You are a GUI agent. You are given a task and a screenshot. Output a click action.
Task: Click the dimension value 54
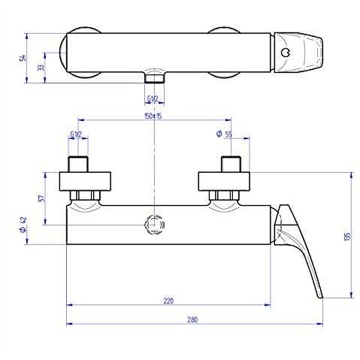click(23, 58)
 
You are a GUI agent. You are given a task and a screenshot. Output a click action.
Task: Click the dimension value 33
click(41, 68)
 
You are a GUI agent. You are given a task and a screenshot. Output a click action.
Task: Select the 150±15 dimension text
click(153, 116)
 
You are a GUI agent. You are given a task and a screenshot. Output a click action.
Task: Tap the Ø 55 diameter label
click(224, 134)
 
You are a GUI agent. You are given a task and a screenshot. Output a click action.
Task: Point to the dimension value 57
click(43, 198)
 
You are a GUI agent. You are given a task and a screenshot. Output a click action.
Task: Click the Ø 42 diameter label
click(23, 225)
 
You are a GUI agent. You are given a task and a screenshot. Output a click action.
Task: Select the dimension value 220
click(168, 301)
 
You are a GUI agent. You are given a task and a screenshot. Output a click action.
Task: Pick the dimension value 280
click(192, 319)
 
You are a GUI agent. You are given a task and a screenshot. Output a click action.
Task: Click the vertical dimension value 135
click(347, 235)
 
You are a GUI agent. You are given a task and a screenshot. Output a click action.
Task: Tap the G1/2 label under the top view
click(153, 99)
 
